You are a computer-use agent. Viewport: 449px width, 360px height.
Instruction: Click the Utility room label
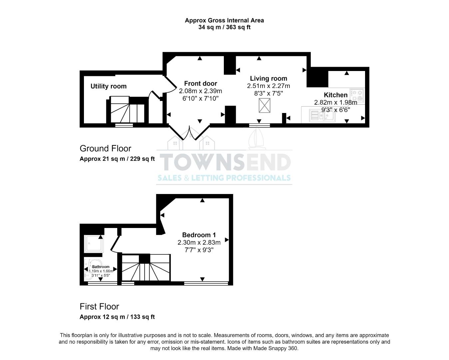(x=109, y=86)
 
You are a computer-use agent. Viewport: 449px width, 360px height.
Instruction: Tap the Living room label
(x=268, y=79)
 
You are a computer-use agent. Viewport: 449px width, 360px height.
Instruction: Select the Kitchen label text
(x=335, y=95)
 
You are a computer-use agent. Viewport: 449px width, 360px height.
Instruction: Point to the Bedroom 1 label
(x=199, y=235)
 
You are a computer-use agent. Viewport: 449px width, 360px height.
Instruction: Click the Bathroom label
(x=101, y=267)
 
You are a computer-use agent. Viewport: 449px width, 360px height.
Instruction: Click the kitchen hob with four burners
(x=357, y=96)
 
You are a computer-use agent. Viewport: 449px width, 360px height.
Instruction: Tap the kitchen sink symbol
(x=322, y=115)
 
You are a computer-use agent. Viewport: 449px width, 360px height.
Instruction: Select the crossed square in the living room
(x=265, y=106)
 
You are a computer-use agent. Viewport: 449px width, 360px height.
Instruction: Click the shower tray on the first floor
(x=94, y=244)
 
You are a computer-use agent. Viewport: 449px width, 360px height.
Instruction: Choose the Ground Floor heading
(x=105, y=149)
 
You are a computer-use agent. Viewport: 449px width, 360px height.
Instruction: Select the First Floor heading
(x=99, y=307)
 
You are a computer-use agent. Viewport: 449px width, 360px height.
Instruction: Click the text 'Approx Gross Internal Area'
(x=224, y=20)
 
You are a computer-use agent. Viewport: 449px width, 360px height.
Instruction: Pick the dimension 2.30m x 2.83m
(x=199, y=243)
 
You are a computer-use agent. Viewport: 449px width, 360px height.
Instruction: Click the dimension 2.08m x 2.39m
(x=200, y=91)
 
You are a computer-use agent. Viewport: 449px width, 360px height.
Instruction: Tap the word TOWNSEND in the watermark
(x=225, y=162)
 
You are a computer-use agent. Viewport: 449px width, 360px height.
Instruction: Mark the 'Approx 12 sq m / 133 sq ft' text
(x=117, y=317)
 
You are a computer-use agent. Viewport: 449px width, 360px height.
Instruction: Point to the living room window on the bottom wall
(x=259, y=125)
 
